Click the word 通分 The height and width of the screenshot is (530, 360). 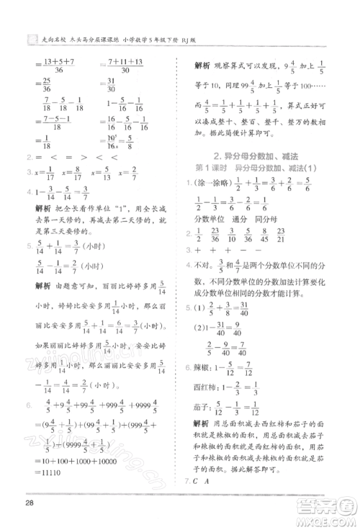click(x=242, y=217)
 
